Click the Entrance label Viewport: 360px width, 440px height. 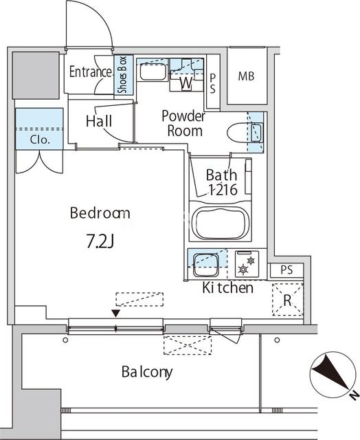pyautogui.click(x=90, y=71)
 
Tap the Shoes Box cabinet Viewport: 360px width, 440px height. pyautogui.click(x=124, y=74)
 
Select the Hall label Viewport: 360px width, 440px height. pyautogui.click(x=99, y=121)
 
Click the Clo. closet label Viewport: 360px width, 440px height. pyautogui.click(x=40, y=140)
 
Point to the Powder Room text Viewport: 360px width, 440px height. pyautogui.click(x=183, y=124)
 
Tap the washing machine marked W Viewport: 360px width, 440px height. pyautogui.click(x=186, y=75)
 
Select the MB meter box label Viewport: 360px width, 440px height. pyautogui.click(x=246, y=76)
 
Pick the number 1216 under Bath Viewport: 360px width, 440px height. pyautogui.click(x=223, y=190)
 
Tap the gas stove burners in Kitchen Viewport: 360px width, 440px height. pyautogui.click(x=247, y=264)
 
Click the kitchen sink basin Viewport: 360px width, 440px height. pyautogui.click(x=206, y=264)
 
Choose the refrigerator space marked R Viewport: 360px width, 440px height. pyautogui.click(x=288, y=300)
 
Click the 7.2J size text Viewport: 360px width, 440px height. pyautogui.click(x=100, y=241)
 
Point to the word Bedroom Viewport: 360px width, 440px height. pyautogui.click(x=100, y=213)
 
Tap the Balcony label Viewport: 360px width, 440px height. pyautogui.click(x=147, y=373)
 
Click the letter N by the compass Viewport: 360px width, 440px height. pyautogui.click(x=355, y=395)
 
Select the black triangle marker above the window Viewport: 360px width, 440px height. pyautogui.click(x=116, y=313)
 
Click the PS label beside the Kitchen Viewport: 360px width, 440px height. pyautogui.click(x=286, y=270)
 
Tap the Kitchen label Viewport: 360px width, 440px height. pyautogui.click(x=227, y=287)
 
